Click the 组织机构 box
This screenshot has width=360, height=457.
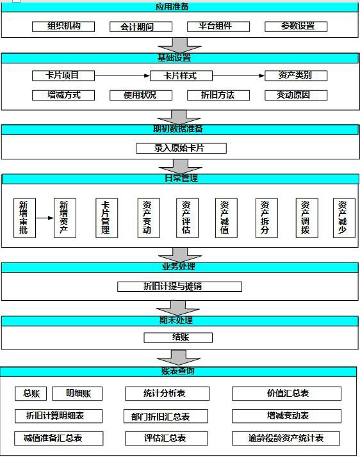pyautogui.click(x=63, y=26)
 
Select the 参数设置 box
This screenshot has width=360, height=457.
pyautogui.click(x=296, y=26)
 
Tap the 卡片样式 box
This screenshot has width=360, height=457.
pyautogui.click(x=181, y=76)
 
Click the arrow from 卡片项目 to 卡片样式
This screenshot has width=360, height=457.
pyautogui.click(x=122, y=76)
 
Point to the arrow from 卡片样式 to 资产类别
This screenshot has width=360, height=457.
pyautogui.click(x=239, y=76)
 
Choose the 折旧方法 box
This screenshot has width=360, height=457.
pyautogui.click(x=218, y=95)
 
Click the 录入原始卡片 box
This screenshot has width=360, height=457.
pyautogui.click(x=181, y=148)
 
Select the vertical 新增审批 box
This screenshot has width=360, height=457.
pyautogui.click(x=24, y=218)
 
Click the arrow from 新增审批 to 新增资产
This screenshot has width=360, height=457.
pyautogui.click(x=45, y=218)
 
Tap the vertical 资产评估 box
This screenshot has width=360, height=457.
pyautogui.click(x=187, y=218)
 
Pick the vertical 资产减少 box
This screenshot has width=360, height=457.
pyautogui.click(x=344, y=218)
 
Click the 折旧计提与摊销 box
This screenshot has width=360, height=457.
pyautogui.click(x=179, y=287)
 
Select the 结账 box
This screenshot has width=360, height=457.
pyautogui.click(x=178, y=338)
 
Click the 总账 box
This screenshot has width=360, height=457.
pyautogui.click(x=31, y=394)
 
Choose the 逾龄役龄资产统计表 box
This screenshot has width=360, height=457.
pyautogui.click(x=286, y=438)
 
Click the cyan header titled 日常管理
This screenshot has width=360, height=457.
pyautogui.click(x=180, y=179)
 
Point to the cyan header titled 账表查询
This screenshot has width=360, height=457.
pyautogui.click(x=178, y=372)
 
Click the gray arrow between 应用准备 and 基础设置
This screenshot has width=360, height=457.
pyautogui.click(x=179, y=45)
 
